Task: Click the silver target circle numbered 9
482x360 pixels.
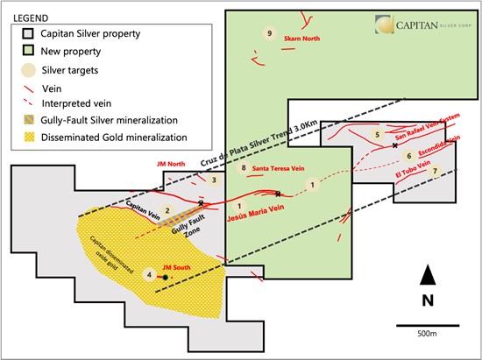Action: [x=270, y=33]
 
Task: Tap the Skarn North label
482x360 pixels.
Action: [x=301, y=39]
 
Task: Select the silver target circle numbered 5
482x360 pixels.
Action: [x=377, y=134]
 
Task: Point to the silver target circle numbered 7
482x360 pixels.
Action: [x=435, y=171]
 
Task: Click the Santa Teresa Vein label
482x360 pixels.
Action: [x=278, y=168]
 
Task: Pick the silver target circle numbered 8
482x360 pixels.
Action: [x=244, y=167]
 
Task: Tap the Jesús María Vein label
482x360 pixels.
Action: [x=255, y=213]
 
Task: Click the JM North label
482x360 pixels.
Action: [x=171, y=164]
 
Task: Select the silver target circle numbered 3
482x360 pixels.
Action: [x=214, y=180]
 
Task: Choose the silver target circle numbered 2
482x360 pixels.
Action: [x=167, y=211]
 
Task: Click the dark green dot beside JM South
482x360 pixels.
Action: [x=166, y=278]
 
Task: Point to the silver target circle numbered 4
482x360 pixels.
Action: [x=149, y=274]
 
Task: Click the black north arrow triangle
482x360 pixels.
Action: [x=428, y=275]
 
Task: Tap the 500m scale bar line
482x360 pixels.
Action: [x=428, y=325]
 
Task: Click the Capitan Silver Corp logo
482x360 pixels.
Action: [x=423, y=25]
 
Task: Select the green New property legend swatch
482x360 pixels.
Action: [x=28, y=51]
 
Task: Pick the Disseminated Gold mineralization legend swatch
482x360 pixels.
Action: [x=30, y=137]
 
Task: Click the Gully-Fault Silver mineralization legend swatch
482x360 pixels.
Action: [x=30, y=119]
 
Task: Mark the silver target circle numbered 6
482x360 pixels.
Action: [x=409, y=156]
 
